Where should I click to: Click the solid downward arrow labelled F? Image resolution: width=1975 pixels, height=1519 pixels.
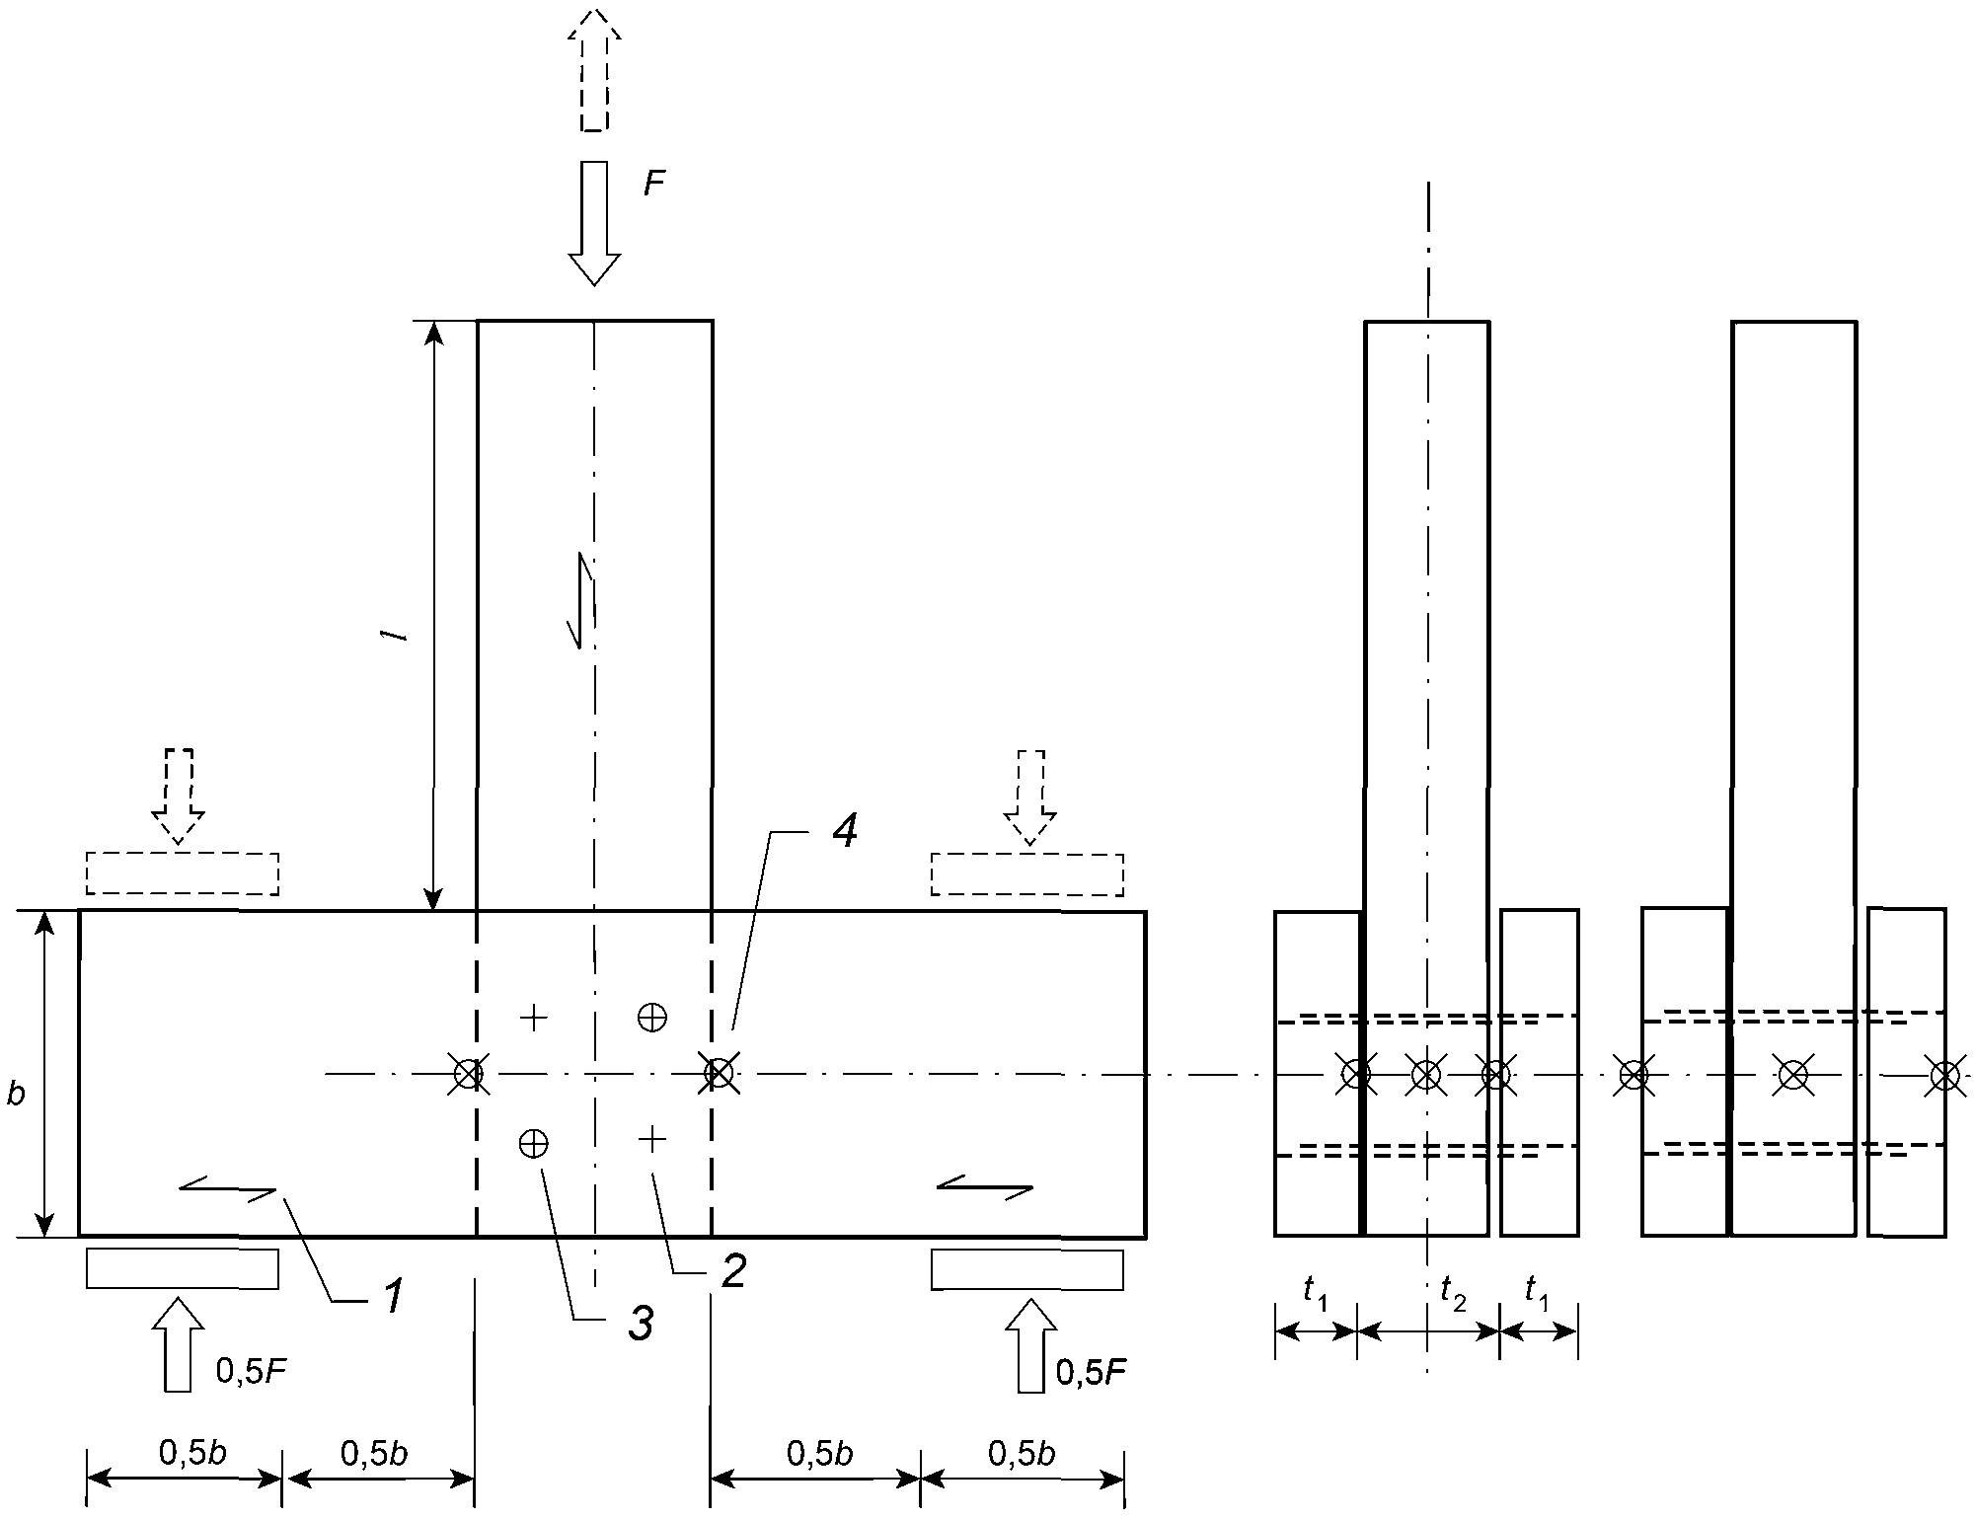[594, 223]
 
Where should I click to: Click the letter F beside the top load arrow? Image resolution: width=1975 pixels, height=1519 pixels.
[654, 184]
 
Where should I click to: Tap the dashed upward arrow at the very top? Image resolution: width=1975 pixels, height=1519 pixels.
[594, 69]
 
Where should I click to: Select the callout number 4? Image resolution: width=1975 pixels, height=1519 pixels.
[844, 831]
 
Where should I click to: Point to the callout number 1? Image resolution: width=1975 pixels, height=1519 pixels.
[394, 1295]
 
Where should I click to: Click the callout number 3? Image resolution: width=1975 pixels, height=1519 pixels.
[642, 1324]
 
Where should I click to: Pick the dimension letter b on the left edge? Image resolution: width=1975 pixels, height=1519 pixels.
[16, 1093]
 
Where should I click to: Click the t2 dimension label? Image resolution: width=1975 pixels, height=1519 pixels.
[1453, 1293]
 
